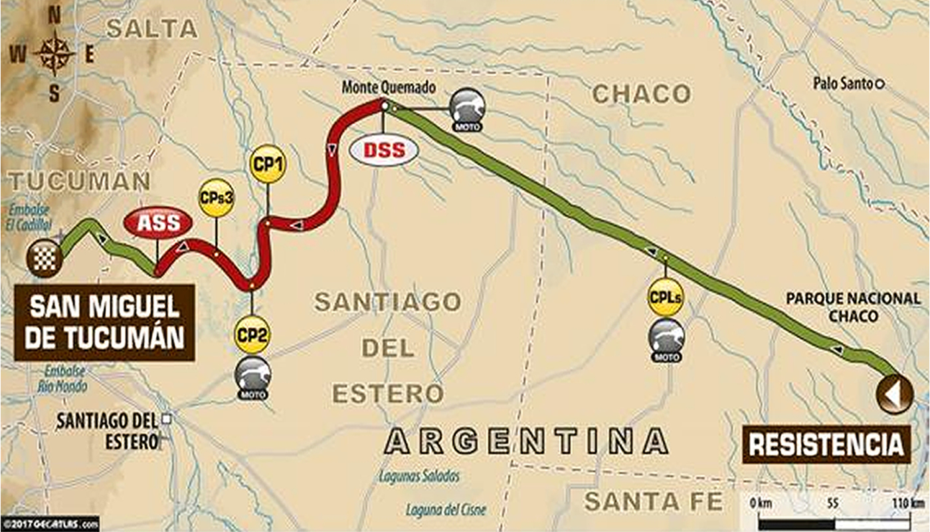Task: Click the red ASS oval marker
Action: point(158,223)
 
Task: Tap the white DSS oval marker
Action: point(384,150)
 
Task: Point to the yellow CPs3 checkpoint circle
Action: point(217,198)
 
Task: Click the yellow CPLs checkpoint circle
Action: point(666,298)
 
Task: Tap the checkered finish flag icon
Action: point(45,259)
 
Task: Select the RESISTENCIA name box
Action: point(826,444)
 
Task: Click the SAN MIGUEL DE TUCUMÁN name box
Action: point(105,323)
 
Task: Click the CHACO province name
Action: point(641,94)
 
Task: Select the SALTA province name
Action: point(152,29)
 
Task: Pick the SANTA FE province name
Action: point(653,501)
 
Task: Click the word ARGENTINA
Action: point(526,442)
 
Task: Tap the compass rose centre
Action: point(54,55)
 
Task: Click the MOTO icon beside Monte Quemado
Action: point(468,108)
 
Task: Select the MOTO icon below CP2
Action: point(252,376)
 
